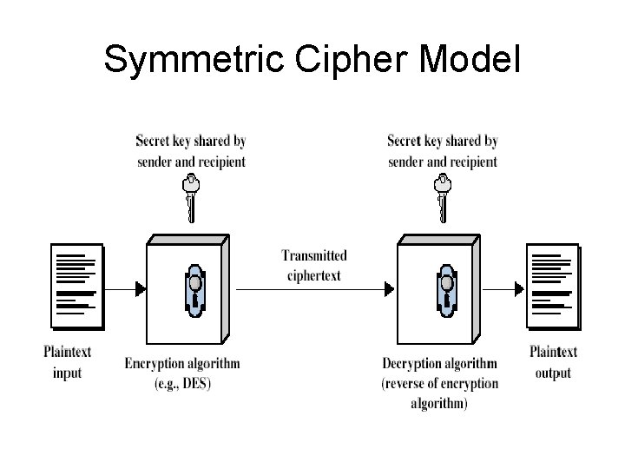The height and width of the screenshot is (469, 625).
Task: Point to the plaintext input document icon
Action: click(x=76, y=287)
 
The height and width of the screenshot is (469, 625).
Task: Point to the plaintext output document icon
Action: click(x=553, y=287)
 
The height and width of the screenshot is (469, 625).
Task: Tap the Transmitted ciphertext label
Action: click(x=314, y=266)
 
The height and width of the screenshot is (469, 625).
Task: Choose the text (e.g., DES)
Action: click(x=182, y=382)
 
